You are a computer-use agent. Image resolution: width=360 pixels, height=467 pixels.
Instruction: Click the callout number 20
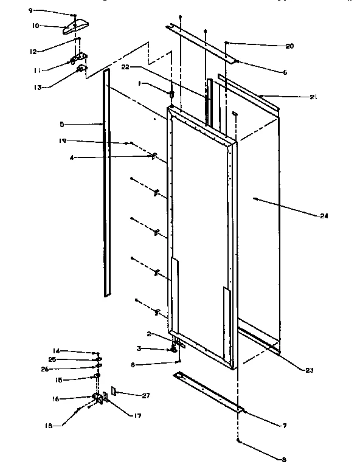(289, 46)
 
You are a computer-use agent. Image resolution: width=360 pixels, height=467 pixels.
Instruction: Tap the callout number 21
(296, 97)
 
